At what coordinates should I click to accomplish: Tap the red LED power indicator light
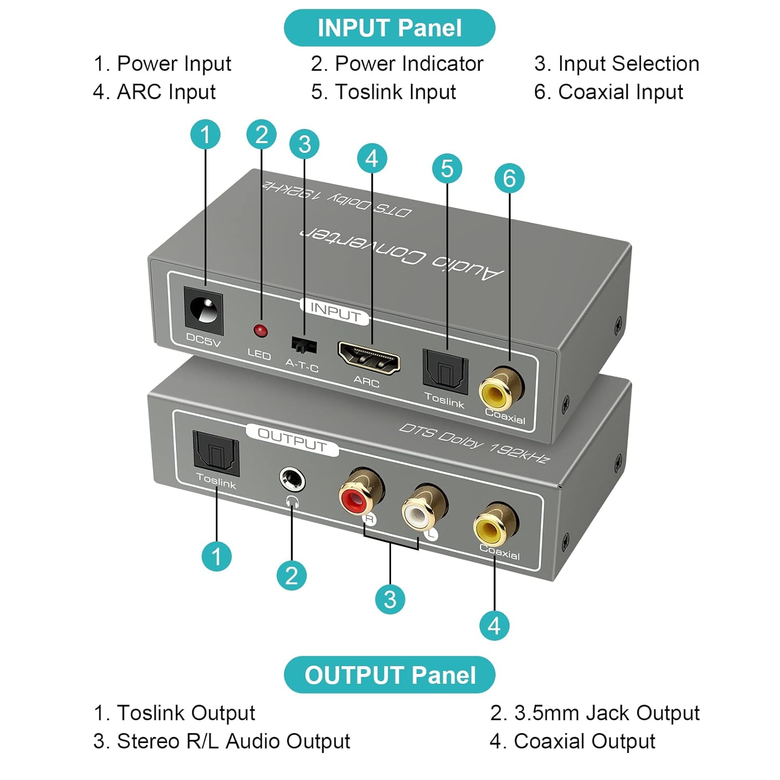pyautogui.click(x=260, y=330)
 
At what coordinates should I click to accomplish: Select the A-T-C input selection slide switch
pyautogui.click(x=304, y=344)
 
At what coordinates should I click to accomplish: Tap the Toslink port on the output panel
pyautogui.click(x=216, y=453)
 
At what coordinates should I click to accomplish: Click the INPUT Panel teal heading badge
pyautogui.click(x=389, y=28)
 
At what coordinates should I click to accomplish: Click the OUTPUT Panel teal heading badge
pyautogui.click(x=389, y=675)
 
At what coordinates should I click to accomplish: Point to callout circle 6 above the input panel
pyautogui.click(x=509, y=178)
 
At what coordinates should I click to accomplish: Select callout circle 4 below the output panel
pyautogui.click(x=494, y=625)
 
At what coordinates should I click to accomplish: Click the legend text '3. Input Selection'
pyautogui.click(x=616, y=63)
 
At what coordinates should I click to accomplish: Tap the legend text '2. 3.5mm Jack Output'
pyautogui.click(x=594, y=713)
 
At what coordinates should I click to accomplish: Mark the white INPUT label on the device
pyautogui.click(x=335, y=312)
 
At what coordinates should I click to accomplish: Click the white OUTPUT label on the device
pyautogui.click(x=292, y=440)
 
